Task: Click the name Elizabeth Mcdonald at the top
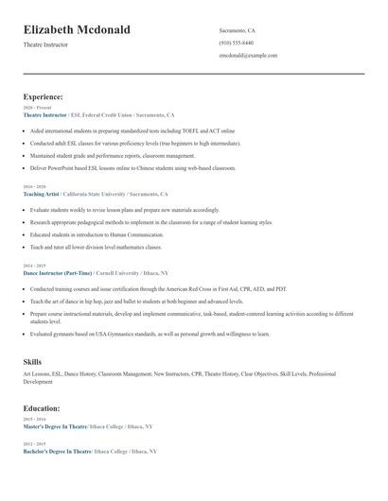[x=77, y=30]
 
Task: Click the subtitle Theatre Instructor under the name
[x=45, y=45]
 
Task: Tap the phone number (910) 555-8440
[x=236, y=43]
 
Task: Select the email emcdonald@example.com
[x=248, y=55]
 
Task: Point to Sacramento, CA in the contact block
[x=237, y=30]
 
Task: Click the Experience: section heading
[x=44, y=96]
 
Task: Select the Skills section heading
[x=32, y=362]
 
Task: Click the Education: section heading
[x=42, y=408]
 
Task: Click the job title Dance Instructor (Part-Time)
[x=59, y=272]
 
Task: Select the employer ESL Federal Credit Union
[x=106, y=114]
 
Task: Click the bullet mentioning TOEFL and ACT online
[x=132, y=130]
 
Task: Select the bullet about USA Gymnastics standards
[x=150, y=334]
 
